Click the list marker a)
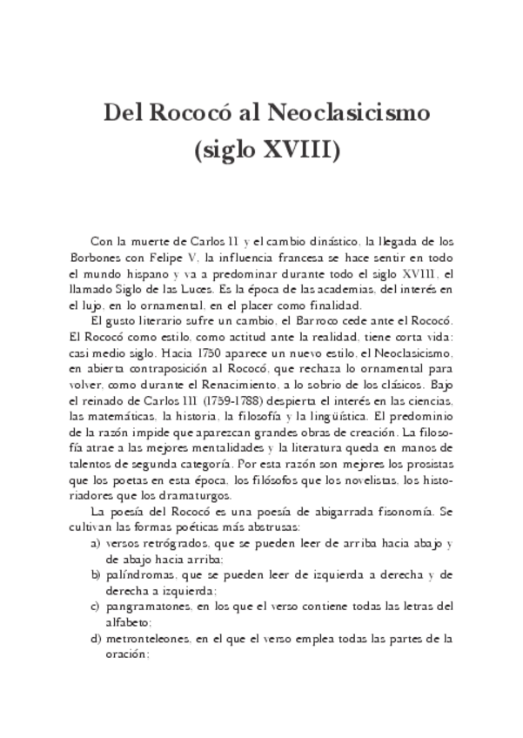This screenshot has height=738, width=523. pyautogui.click(x=96, y=543)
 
